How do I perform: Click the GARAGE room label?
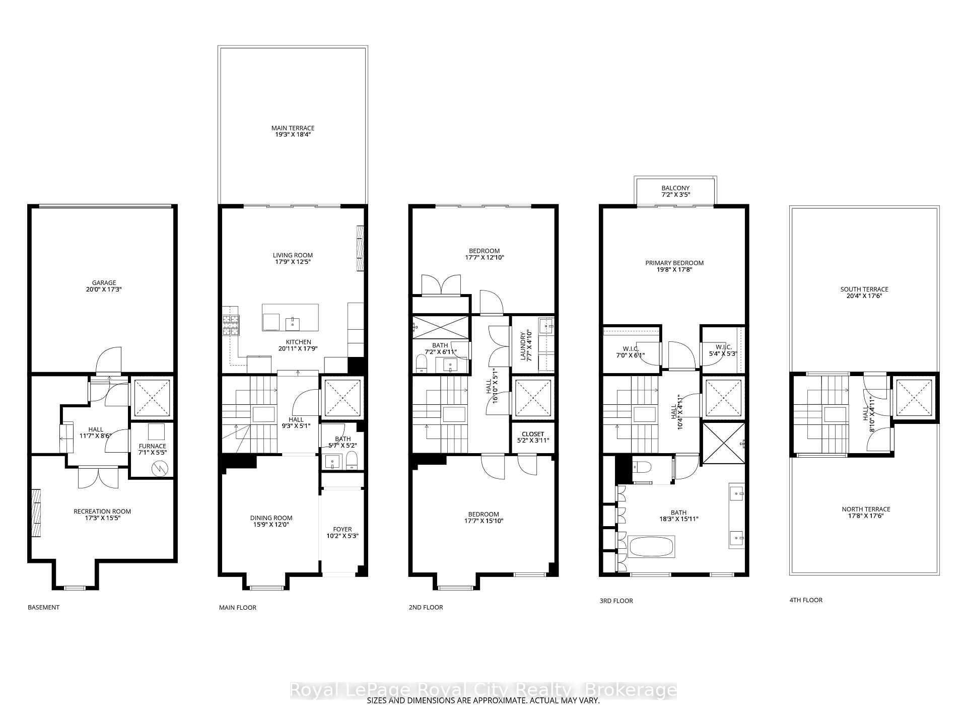[104, 283]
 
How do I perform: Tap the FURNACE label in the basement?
[152, 446]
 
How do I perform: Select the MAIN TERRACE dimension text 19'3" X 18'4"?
[293, 135]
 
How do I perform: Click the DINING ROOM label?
[271, 518]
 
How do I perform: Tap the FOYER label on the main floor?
[342, 529]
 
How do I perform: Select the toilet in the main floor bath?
[352, 460]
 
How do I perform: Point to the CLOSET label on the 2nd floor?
[533, 434]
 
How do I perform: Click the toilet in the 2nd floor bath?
[421, 362]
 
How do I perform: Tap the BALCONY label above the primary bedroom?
[675, 188]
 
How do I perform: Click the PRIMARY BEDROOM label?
[674, 263]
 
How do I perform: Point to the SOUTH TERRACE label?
[864, 289]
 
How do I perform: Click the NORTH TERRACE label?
[866, 510]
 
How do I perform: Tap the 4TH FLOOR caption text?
[806, 600]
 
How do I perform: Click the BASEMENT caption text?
[43, 607]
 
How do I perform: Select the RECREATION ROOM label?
[102, 512]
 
